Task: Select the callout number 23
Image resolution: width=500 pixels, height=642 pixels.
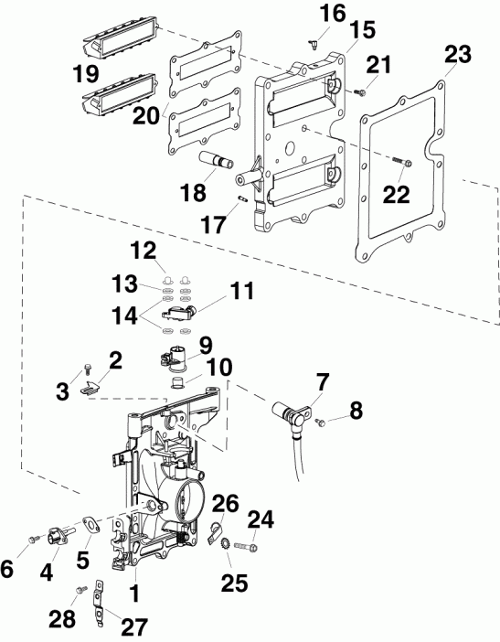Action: [x=457, y=55]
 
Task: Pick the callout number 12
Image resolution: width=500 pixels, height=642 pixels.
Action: [x=142, y=249]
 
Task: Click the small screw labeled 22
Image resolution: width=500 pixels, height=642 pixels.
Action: [x=402, y=164]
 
